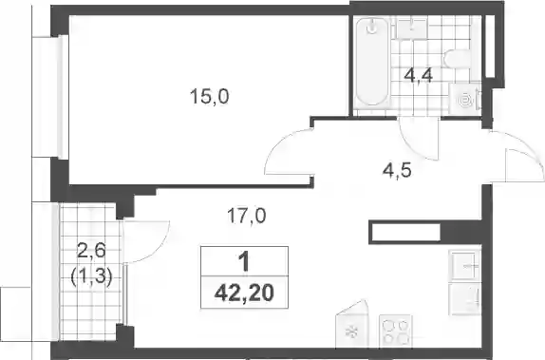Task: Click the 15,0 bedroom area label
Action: [209, 96]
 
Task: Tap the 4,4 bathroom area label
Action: [418, 75]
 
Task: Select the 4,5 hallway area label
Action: [397, 170]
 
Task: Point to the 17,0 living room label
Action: [247, 216]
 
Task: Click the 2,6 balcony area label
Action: [91, 251]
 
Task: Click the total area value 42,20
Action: [244, 293]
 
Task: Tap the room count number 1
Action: [244, 261]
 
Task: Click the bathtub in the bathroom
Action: [372, 62]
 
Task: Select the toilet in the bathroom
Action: [458, 59]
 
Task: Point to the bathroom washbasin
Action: [412, 28]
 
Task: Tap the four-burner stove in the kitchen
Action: [395, 331]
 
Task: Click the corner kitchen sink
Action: [351, 324]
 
